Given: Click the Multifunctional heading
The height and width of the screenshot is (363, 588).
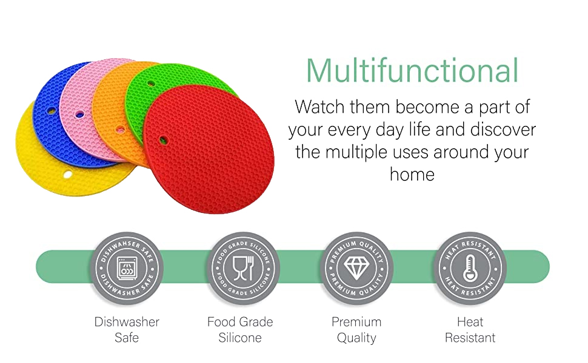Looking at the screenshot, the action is tap(412, 70).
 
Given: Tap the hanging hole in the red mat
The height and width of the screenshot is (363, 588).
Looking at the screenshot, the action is tap(164, 140).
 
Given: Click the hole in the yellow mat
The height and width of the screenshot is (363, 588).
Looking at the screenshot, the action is tap(67, 174).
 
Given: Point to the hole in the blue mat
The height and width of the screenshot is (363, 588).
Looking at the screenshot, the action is tap(52, 111).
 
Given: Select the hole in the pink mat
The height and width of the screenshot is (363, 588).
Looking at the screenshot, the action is tap(79, 114).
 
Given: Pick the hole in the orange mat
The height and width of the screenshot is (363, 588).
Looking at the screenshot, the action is tap(121, 130).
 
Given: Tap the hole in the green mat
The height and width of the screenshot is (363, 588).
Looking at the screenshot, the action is tap(151, 83).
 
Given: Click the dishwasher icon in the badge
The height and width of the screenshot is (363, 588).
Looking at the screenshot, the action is tap(127, 268).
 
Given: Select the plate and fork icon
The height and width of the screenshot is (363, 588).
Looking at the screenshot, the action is tap(242, 268).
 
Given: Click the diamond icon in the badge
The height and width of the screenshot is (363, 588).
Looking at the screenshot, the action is tap(356, 267).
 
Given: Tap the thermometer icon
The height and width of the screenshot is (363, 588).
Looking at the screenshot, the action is tap(470, 268).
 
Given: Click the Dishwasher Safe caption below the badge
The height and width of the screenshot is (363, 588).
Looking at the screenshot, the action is tap(127, 330).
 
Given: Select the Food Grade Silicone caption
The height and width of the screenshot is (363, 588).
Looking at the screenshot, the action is tap(241, 330).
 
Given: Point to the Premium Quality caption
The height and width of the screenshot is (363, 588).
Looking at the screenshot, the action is tap(356, 330).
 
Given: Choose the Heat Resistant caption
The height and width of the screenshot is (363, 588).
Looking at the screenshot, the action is tap(470, 330).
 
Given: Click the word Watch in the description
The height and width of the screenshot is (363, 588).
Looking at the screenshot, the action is tap(319, 107).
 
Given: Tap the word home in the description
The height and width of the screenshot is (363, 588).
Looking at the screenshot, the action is tap(412, 174).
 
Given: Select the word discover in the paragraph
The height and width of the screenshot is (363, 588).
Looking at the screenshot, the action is tap(503, 129).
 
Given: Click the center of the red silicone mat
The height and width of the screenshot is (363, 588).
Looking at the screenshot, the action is tap(209, 149).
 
